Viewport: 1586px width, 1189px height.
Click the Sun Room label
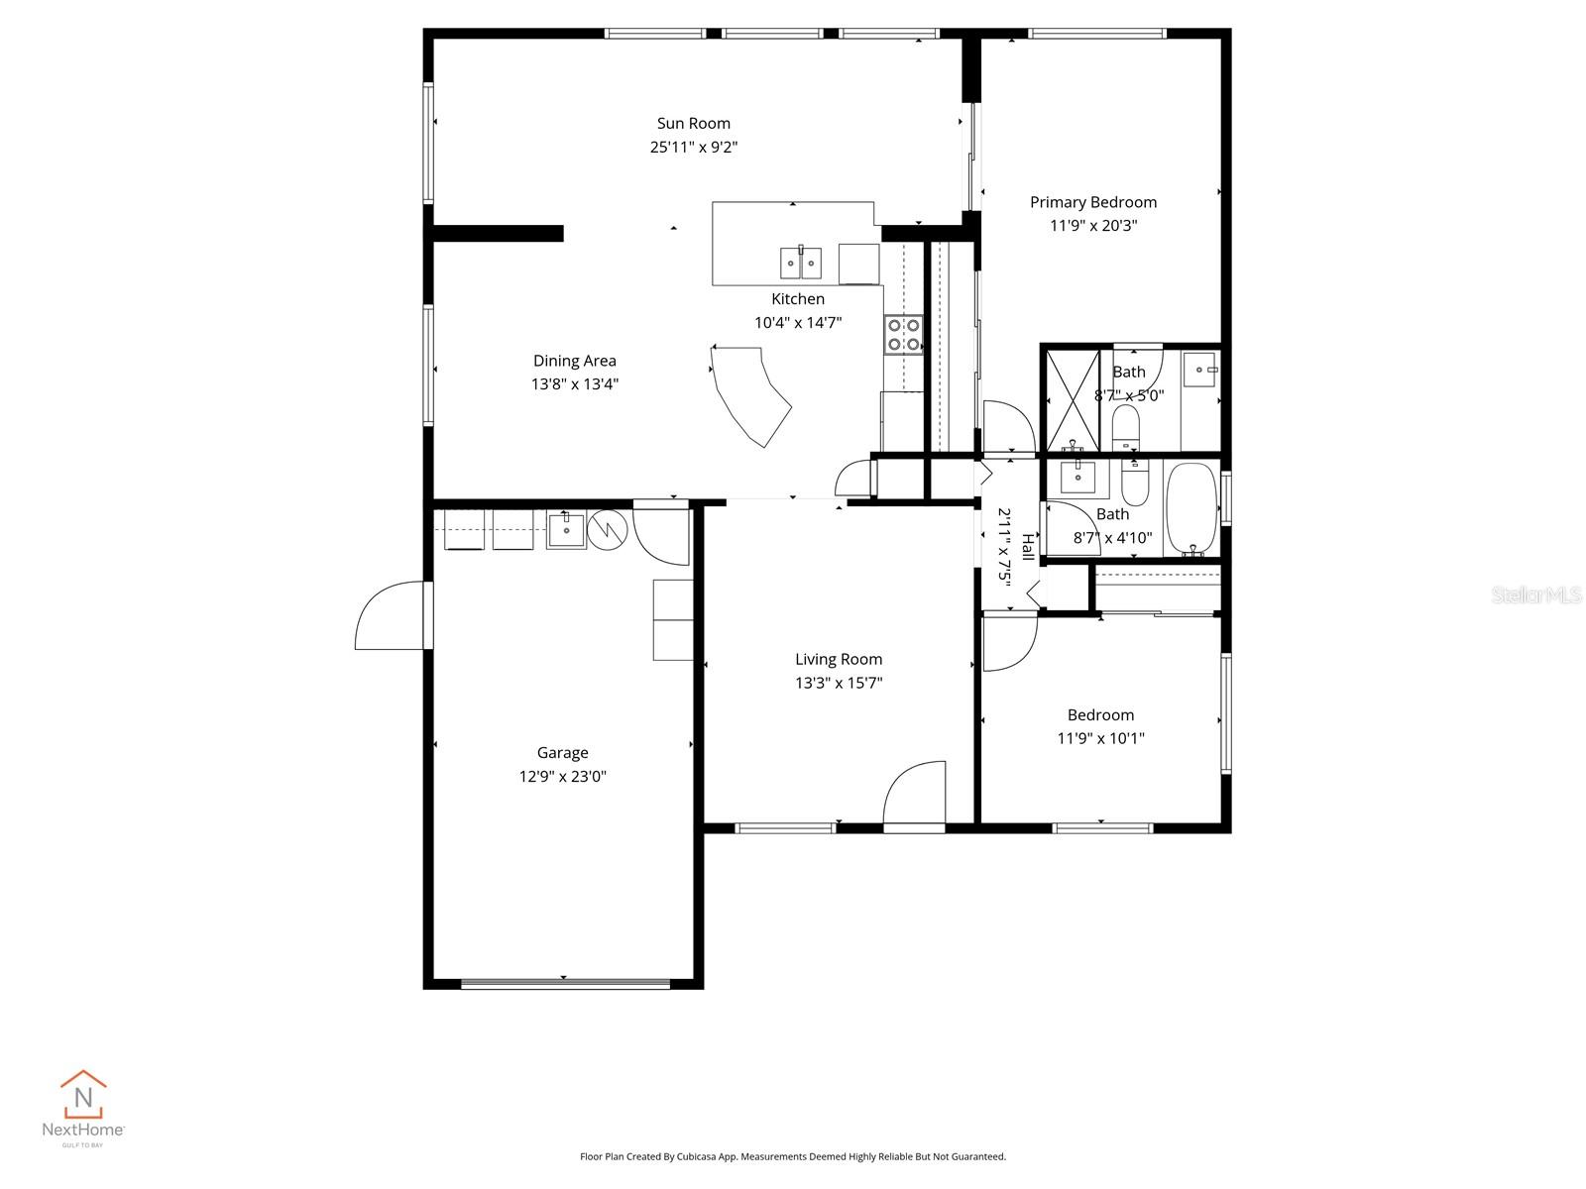click(694, 123)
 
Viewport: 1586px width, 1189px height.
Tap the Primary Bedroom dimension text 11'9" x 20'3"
click(1093, 226)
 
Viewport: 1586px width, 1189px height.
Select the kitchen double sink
click(800, 263)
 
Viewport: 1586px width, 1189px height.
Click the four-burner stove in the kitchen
click(903, 334)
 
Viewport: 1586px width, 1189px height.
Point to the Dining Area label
click(574, 361)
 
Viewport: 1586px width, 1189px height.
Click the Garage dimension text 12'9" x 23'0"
click(562, 777)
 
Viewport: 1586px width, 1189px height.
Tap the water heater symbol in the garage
click(608, 530)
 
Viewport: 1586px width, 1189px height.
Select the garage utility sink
click(566, 529)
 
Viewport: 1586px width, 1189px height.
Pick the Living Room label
click(838, 659)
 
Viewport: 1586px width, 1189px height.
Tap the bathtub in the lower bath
click(1190, 507)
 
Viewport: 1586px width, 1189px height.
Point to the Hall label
click(1027, 547)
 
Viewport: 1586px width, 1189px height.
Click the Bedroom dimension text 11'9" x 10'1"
click(1100, 738)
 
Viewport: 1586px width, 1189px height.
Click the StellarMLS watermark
click(1535, 594)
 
